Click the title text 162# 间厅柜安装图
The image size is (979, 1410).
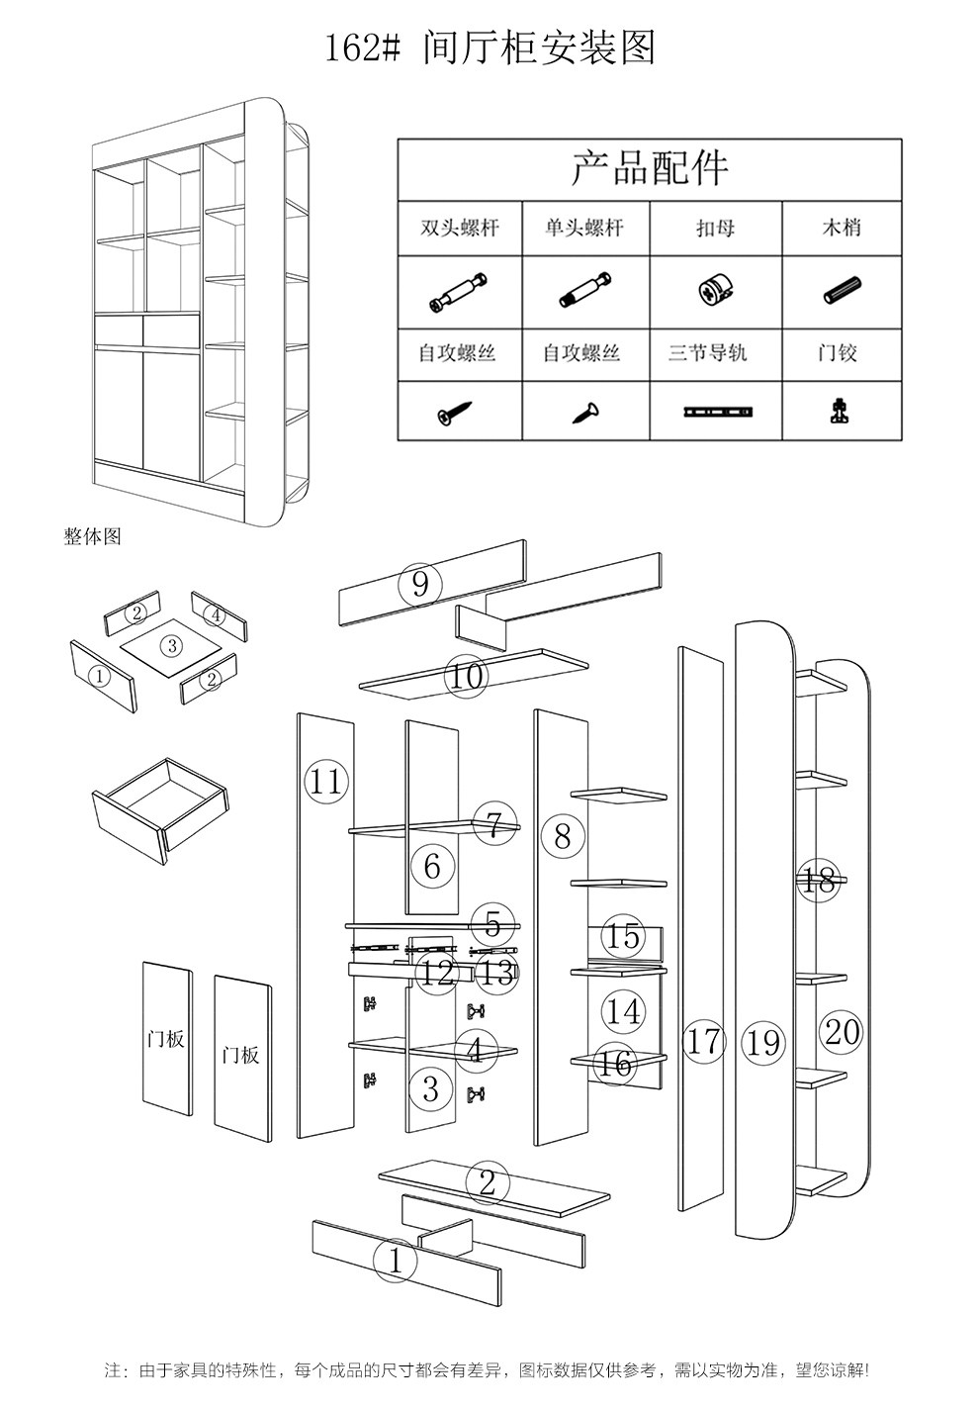[x=490, y=47]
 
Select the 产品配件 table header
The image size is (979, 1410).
[x=649, y=167]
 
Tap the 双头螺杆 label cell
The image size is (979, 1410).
[x=460, y=229]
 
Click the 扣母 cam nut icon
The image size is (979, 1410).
[x=714, y=292]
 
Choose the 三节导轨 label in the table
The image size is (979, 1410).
[x=714, y=352]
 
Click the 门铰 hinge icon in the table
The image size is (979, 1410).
[x=840, y=411]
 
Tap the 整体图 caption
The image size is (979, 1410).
[x=92, y=536]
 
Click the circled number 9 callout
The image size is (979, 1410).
[x=420, y=585]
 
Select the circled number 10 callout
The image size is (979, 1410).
[x=467, y=677]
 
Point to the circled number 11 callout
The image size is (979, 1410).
[x=326, y=782]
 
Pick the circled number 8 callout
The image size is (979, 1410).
[x=563, y=836]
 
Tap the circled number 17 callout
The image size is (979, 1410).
[x=704, y=1041]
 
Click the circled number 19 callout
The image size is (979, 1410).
[x=763, y=1042]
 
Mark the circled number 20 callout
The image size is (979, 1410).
[x=842, y=1032]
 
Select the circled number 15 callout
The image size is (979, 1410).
[x=623, y=935]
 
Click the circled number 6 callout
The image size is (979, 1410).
[x=432, y=867]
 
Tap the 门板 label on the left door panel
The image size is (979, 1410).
[x=165, y=1039]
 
